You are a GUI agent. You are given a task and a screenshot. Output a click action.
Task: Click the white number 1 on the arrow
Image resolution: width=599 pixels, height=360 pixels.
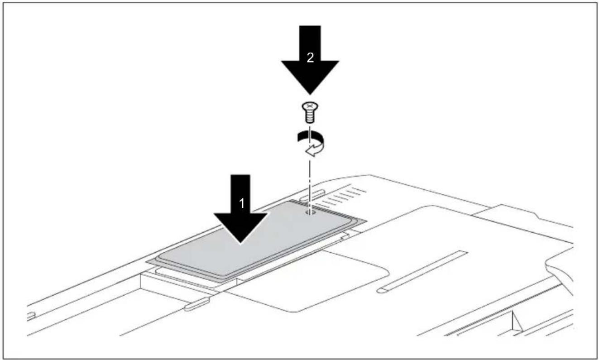[x=242, y=203]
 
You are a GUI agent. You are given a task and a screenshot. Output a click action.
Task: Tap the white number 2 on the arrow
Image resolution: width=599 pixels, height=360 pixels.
[x=310, y=58]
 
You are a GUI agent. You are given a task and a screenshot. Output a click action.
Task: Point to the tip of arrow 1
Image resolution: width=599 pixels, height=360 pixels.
[x=241, y=243]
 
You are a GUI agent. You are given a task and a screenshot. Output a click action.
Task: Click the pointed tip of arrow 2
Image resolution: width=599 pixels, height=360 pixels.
[x=310, y=94]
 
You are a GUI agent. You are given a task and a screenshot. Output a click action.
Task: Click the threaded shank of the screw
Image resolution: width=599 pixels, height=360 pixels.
[x=310, y=117]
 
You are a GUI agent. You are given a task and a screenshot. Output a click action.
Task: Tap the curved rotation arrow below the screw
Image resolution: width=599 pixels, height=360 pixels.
[x=311, y=144]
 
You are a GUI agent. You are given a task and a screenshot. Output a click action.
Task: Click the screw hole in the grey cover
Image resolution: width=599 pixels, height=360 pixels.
[x=310, y=212]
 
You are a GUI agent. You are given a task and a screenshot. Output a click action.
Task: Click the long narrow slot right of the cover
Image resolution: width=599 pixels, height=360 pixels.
[x=422, y=272]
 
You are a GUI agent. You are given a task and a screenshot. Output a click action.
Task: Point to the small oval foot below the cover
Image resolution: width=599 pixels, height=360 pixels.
[x=197, y=304]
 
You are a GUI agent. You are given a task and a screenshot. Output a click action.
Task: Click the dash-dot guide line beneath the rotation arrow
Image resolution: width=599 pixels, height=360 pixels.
[x=310, y=185]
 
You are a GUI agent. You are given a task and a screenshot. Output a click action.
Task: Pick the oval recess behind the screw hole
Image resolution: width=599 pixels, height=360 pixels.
[x=312, y=195]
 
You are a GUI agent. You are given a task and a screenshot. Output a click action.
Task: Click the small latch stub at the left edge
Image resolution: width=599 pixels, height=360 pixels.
[x=31, y=316]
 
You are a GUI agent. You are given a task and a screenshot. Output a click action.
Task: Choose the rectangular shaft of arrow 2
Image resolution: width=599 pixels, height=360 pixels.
[x=310, y=43]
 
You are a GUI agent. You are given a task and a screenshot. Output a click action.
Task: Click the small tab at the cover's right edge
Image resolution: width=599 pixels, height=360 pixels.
[x=345, y=236]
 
